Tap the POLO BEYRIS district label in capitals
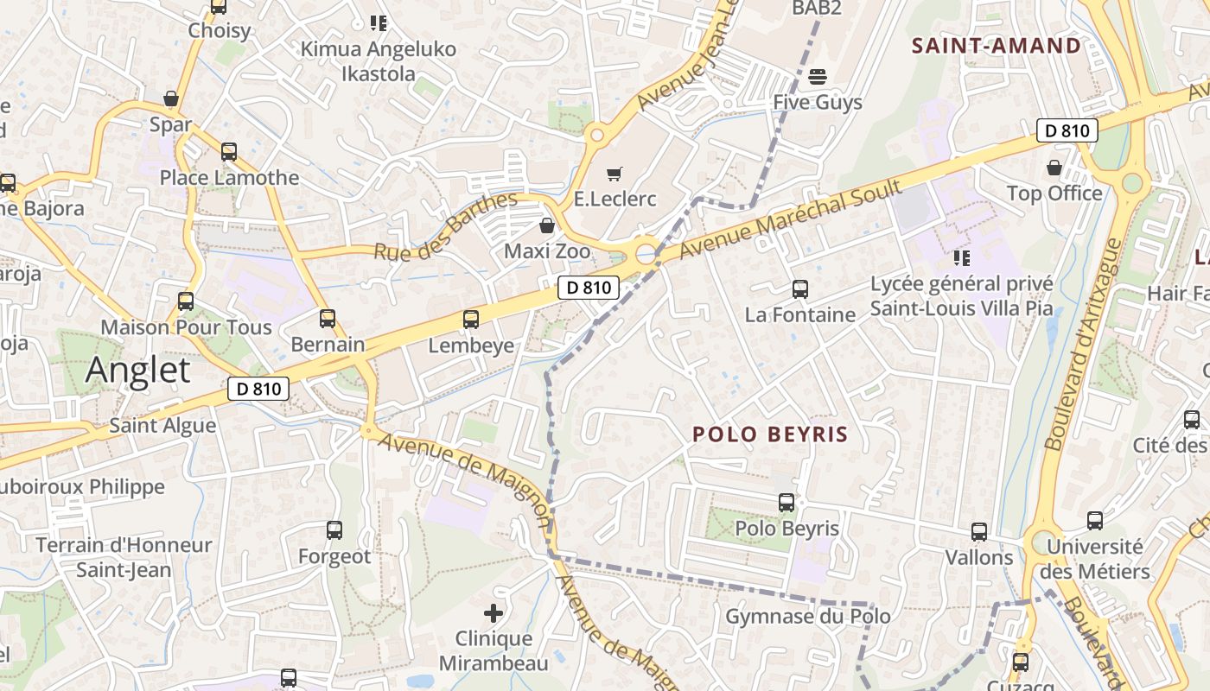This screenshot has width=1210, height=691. pos(770,434)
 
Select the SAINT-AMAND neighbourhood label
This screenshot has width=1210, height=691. pos(997,46)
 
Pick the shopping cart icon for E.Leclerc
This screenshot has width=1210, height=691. pos(615,174)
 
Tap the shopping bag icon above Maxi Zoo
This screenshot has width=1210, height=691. pos(546,226)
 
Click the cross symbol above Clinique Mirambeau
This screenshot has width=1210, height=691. pos(494,614)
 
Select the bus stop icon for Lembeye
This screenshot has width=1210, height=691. pos(471,320)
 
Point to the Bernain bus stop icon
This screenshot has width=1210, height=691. pos(328,319)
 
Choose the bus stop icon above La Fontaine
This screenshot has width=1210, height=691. pos(800,289)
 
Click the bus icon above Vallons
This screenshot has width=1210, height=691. pos(979,532)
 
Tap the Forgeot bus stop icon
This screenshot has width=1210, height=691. pos(334,530)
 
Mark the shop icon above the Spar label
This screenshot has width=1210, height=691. pos(171,98)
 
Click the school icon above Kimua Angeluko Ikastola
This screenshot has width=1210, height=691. pos(378,23)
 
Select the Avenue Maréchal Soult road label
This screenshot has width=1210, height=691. pos(790,219)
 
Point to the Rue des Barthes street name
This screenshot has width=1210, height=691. pos(445,226)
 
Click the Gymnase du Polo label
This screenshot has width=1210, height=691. pos(807,616)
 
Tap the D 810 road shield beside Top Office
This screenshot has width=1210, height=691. pos(1067,131)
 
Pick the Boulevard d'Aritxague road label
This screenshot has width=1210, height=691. pos(1081,345)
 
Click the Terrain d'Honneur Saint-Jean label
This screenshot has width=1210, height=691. pos(124,558)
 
